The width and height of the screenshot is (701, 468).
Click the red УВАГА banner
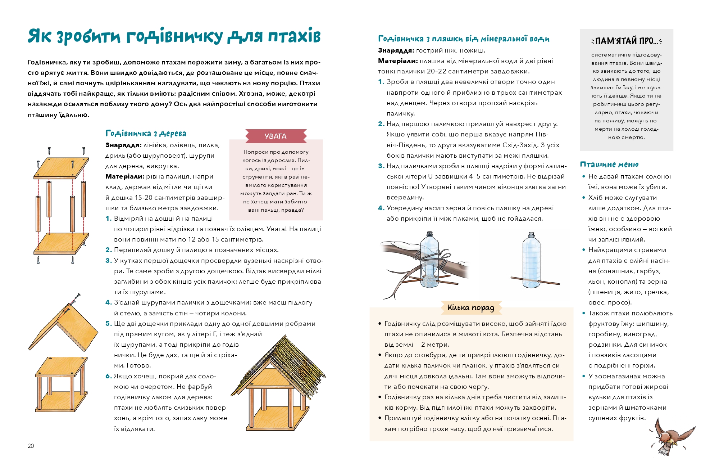pyautogui.click(x=276, y=136)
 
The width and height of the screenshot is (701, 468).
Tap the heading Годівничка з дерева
pyautogui.click(x=146, y=134)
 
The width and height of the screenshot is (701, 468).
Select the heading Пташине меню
pyautogui.click(x=609, y=165)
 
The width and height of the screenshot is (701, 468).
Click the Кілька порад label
pyautogui.click(x=471, y=308)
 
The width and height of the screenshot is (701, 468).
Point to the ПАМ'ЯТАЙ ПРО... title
pyautogui.click(x=626, y=41)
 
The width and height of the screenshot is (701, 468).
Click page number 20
pyautogui.click(x=31, y=446)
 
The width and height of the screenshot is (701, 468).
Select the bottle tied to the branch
pyautogui.click(x=430, y=261)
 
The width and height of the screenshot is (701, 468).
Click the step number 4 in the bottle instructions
pyautogui.click(x=381, y=208)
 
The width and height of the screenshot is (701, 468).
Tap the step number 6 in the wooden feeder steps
pyautogui.click(x=108, y=376)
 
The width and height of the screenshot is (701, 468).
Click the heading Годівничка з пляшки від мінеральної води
pyautogui.click(x=464, y=39)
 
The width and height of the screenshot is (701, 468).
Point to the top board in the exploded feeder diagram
pyautogui.click(x=61, y=168)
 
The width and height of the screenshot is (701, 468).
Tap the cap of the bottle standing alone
pyautogui.click(x=531, y=234)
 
